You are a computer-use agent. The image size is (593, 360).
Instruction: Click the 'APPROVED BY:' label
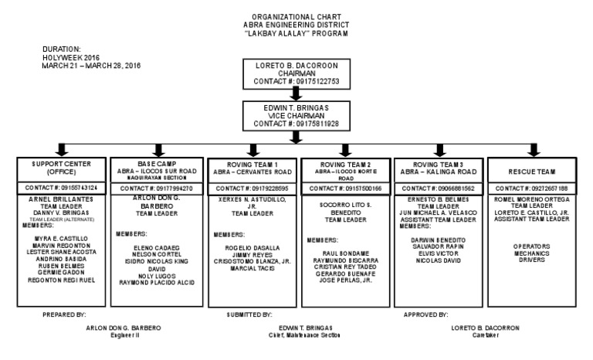[x=425, y=315]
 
